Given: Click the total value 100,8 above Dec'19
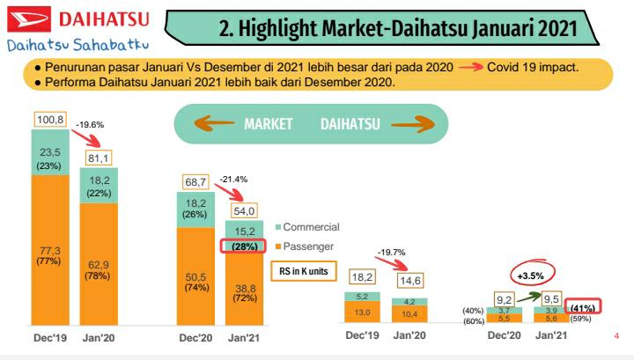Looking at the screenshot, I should tap(49, 118).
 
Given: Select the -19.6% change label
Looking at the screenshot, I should tap(90, 125).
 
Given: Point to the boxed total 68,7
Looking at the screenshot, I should tap(194, 180).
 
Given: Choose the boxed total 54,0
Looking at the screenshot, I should tap(242, 211).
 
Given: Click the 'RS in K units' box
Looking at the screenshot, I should tap(303, 271).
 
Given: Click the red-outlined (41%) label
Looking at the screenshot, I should tap(580, 307).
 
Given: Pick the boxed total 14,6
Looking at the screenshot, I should tap(409, 283).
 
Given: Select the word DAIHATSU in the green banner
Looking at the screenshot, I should tap(350, 124).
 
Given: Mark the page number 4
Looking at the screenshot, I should tap(616, 335).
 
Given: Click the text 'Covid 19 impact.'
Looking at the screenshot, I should tap(538, 67).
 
